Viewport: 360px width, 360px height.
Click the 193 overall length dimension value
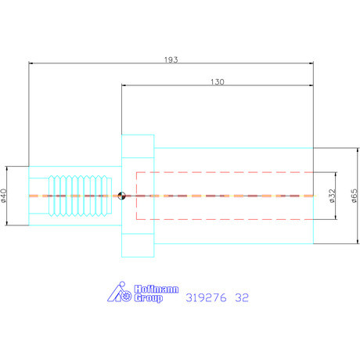pyautogui.click(x=171, y=59)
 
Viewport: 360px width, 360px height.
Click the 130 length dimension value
pyautogui.click(x=218, y=81)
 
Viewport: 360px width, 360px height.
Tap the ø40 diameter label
pyautogui.click(x=5, y=195)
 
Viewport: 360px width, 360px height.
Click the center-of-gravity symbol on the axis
pyautogui.click(x=121, y=196)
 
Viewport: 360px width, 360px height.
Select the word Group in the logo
pyautogui.click(x=147, y=297)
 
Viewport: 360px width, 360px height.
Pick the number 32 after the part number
pyautogui.click(x=243, y=297)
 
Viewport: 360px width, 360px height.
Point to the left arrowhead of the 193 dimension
pyautogui.click(x=31, y=63)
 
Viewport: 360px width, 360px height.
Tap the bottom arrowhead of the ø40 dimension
pyautogui.click(x=7, y=223)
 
